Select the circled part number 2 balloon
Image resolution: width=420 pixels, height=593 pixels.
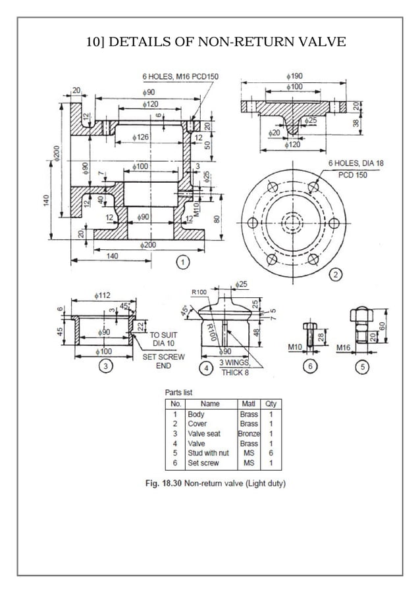[x=336, y=274]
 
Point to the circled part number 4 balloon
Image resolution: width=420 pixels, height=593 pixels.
[x=205, y=369]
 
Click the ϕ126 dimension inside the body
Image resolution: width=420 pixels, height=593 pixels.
[x=141, y=137]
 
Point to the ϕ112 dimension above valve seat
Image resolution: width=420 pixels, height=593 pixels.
[x=103, y=295]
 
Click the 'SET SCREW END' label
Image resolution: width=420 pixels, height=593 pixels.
[x=163, y=362]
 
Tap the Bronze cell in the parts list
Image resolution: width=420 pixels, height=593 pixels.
[x=249, y=434]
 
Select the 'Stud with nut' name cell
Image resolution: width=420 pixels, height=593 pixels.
[x=209, y=453]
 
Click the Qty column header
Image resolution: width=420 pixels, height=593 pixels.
[x=271, y=404]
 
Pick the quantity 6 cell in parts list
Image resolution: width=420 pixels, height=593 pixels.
[x=271, y=453]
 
